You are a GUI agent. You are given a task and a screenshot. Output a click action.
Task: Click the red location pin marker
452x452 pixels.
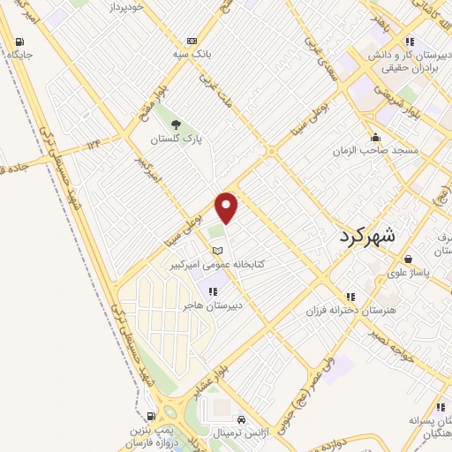pos(228,208)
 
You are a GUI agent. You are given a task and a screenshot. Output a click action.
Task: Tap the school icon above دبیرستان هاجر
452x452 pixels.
pos(212,290)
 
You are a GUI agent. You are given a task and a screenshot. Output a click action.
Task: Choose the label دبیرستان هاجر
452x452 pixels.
pos(212,305)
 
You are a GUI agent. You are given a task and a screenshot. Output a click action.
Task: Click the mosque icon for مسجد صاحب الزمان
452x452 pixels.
pos(377,137)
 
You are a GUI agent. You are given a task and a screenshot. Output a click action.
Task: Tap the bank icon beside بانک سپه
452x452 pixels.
pos(192,41)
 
